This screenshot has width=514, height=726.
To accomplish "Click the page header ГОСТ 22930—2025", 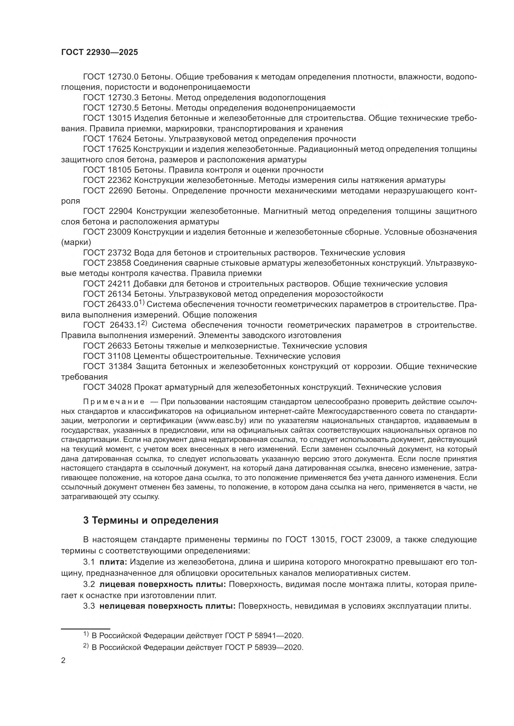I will (x=99, y=52).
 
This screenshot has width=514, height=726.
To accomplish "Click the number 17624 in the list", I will (x=117, y=139).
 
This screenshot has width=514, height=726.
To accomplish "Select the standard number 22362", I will (x=117, y=180).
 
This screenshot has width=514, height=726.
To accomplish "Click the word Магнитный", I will (x=283, y=211).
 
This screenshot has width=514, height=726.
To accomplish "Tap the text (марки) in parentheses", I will (x=76, y=242).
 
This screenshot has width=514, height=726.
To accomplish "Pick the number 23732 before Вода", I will (x=117, y=253).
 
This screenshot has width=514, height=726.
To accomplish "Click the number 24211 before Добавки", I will (x=117, y=284).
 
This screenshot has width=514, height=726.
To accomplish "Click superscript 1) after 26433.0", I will (x=141, y=302).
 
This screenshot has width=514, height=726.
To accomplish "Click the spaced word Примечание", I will (x=114, y=402).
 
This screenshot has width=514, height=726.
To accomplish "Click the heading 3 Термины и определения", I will (x=151, y=520).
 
